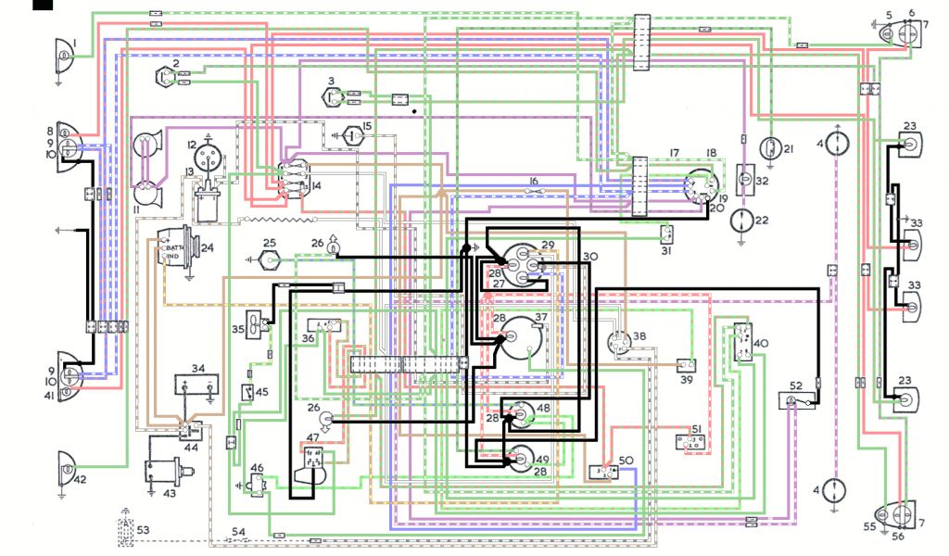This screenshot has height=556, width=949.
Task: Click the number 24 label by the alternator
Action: [208, 248]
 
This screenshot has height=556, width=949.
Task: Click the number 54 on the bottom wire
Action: [239, 530]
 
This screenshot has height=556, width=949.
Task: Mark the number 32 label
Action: [762, 182]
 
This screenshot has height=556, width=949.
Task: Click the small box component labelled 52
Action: [792, 400]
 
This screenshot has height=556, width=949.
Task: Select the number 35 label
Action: [238, 328]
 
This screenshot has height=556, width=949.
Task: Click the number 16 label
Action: [533, 181]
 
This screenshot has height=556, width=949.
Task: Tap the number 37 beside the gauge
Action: [541, 318]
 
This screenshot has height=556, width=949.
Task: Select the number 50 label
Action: [626, 461]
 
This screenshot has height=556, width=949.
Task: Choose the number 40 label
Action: [761, 345]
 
